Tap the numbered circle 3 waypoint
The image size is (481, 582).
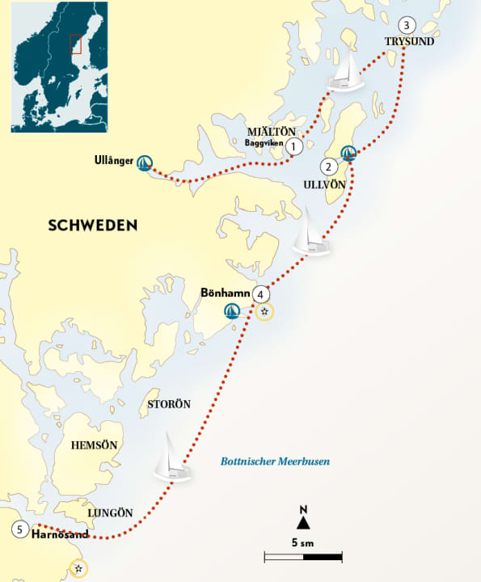click(407, 24)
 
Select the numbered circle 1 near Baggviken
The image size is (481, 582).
click(294, 146)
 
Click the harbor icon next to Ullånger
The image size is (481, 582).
click(146, 162)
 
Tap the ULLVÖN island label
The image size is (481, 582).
click(324, 185)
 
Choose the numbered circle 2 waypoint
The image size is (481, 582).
click(328, 167)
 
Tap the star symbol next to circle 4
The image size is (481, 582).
click(264, 311)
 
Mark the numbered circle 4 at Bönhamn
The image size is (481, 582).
click(259, 294)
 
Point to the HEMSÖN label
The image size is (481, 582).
click(95, 445)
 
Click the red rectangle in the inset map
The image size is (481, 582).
click(75, 46)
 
